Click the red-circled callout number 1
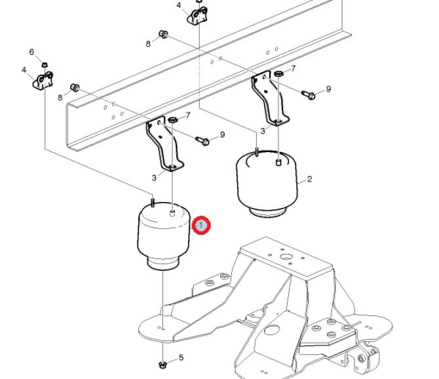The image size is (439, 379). tap(201, 226)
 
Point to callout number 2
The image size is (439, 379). tap(309, 179)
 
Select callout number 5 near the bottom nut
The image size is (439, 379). tap(181, 357)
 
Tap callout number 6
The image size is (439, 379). tap(31, 52)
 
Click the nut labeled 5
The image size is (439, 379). tap(162, 363)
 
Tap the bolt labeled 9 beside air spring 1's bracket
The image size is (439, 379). tap(202, 140)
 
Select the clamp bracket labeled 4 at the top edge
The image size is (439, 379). tap(199, 16)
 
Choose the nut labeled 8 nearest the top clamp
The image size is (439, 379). tap(164, 34)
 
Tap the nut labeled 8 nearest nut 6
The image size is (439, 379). tap(75, 87)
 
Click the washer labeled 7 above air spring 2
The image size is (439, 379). tap(278, 73)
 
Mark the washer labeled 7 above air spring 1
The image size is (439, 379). tap(174, 121)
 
